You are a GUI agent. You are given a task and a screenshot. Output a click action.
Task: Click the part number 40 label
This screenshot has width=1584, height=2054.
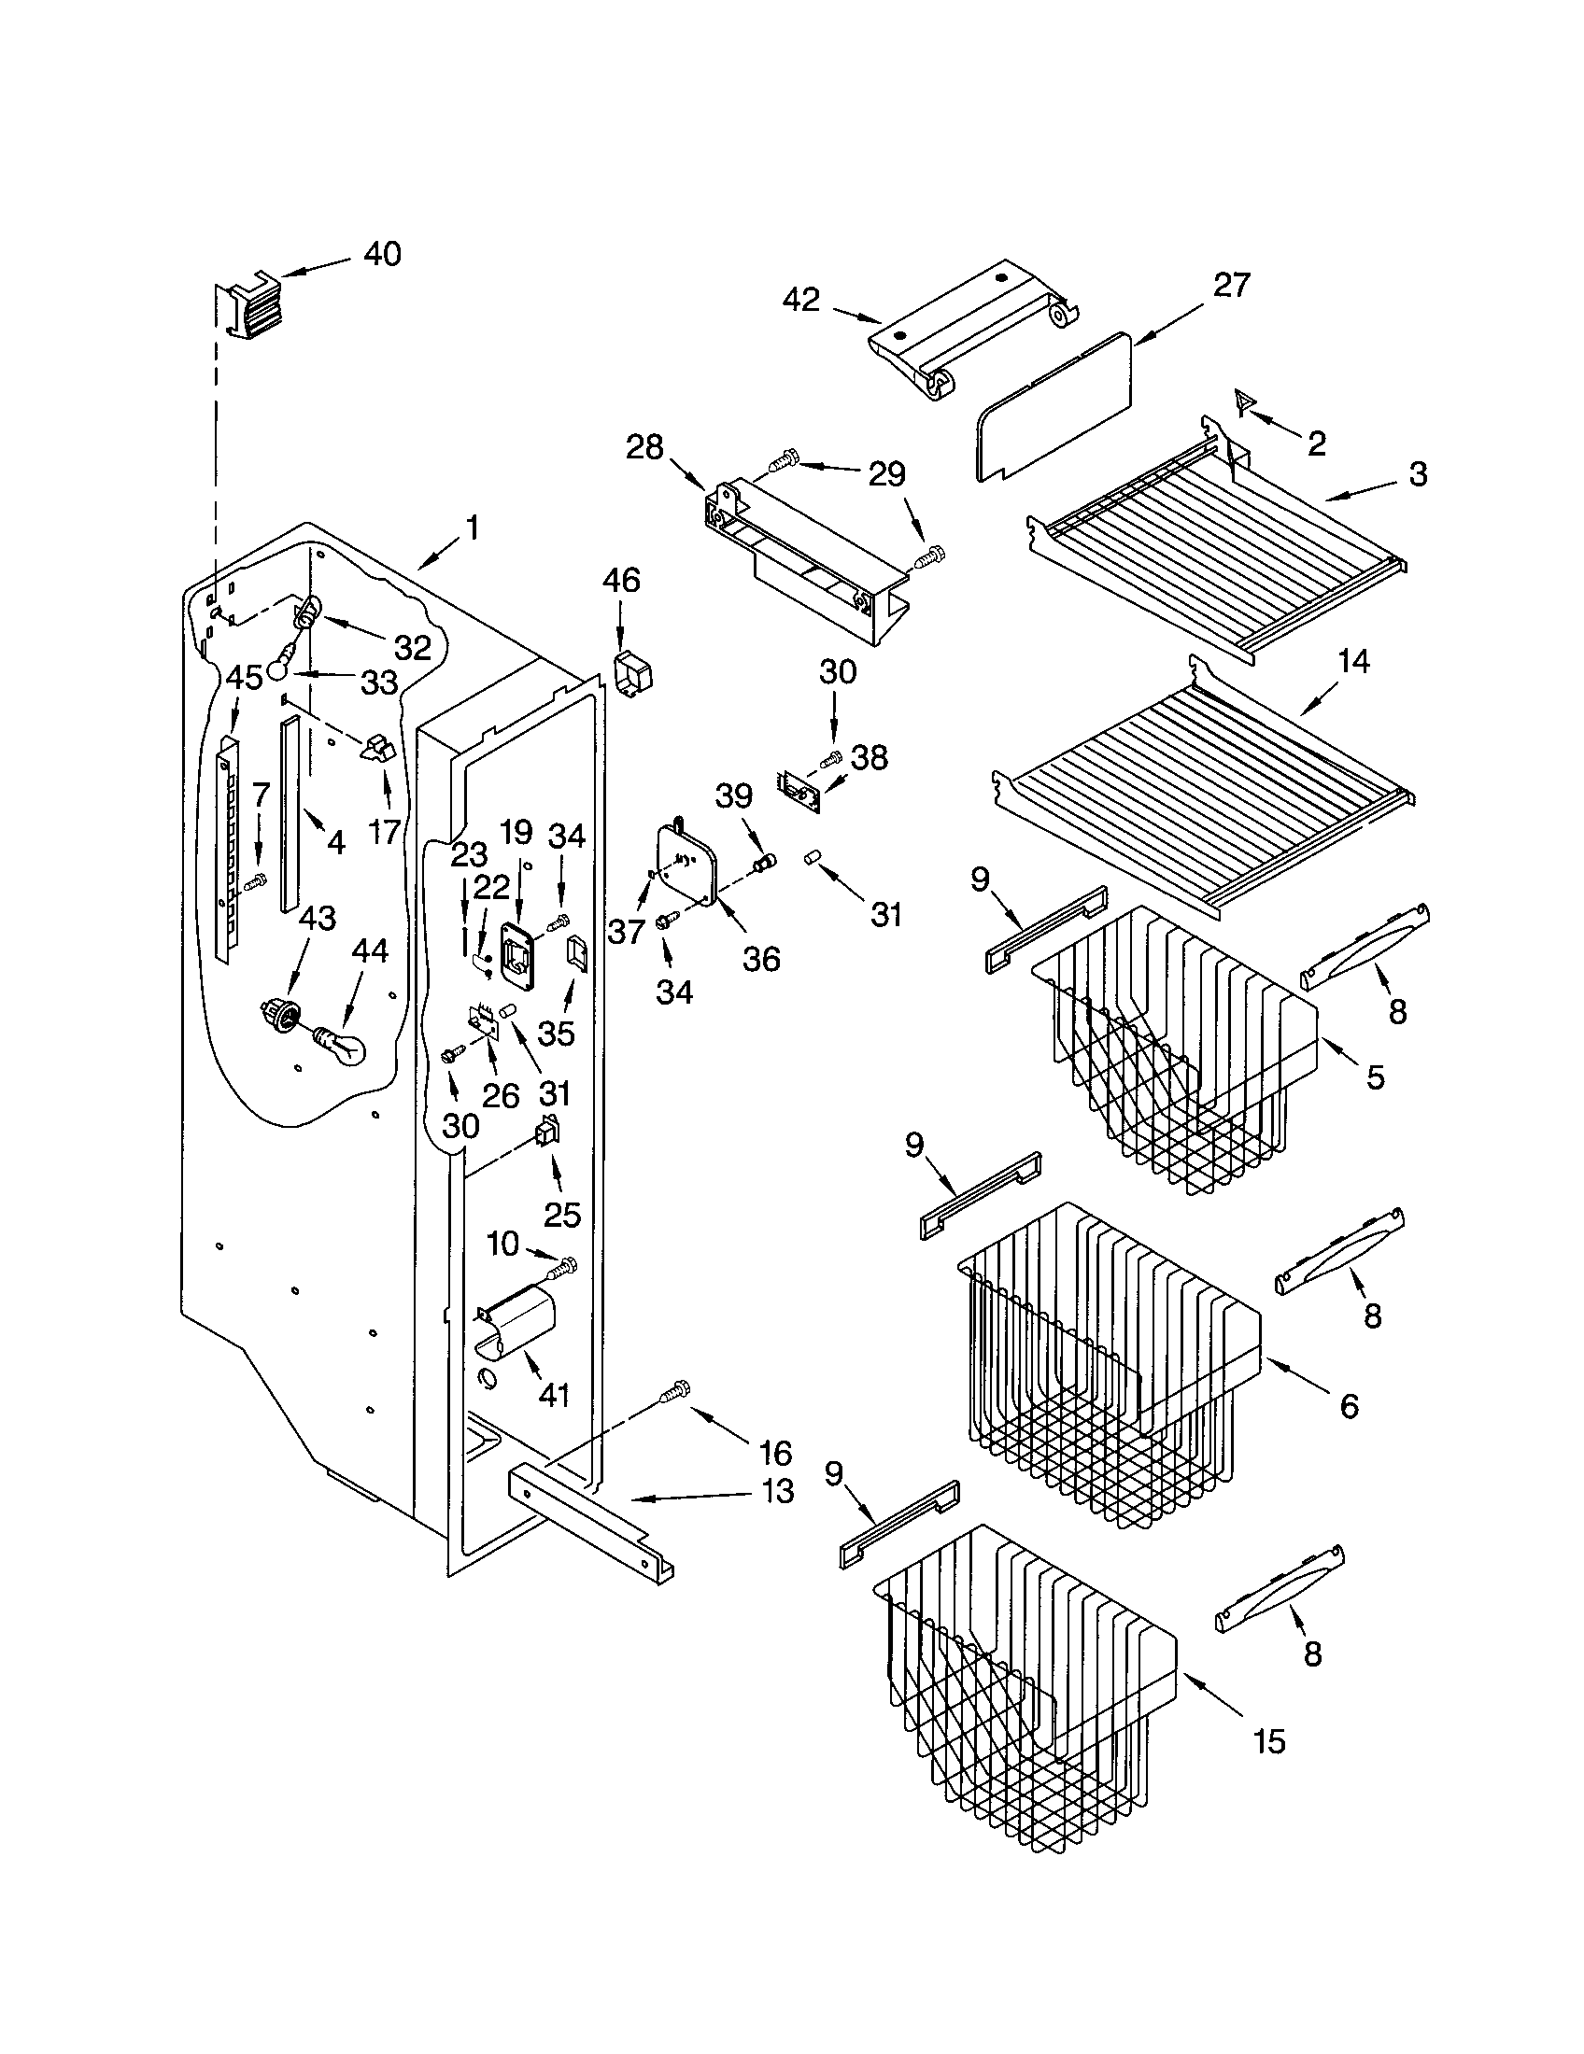click(x=382, y=254)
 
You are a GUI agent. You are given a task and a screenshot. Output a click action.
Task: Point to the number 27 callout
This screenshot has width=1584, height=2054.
click(x=1230, y=284)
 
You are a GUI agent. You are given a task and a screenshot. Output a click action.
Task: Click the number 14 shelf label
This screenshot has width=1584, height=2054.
click(x=1352, y=662)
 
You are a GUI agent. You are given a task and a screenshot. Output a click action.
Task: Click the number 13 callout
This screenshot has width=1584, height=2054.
click(x=777, y=1492)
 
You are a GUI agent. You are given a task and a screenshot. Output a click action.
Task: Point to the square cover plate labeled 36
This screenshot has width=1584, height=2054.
click(x=686, y=861)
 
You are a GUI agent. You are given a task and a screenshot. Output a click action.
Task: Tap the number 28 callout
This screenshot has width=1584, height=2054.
click(x=645, y=446)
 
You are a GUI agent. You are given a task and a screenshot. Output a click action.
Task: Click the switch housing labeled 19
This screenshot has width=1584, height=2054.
click(x=516, y=953)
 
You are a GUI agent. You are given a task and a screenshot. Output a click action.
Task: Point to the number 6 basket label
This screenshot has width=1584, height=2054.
click(x=1348, y=1405)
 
